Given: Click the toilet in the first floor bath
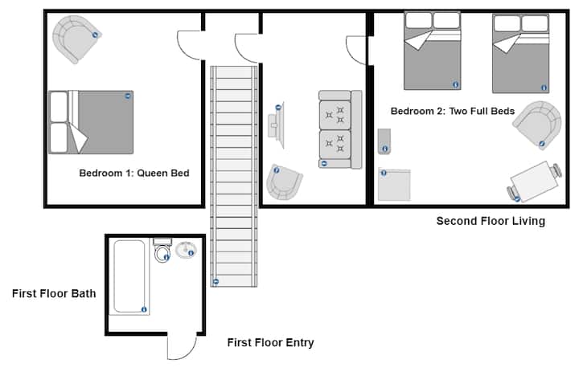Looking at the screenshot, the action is (162, 250).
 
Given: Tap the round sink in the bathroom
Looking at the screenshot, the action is (186, 250).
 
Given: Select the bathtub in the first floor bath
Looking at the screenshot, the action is (129, 276).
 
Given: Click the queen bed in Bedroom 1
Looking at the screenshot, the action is (91, 122).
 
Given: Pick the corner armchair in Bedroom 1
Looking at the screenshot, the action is (76, 38).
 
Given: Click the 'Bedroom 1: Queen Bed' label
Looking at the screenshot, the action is (134, 173).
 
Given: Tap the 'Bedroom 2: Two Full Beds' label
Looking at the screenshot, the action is (452, 111).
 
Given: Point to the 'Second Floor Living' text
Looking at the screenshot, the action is (491, 221).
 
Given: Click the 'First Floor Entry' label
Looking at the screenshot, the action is (271, 343).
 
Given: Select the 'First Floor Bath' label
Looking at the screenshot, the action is (54, 294).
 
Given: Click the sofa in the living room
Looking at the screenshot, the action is (340, 129).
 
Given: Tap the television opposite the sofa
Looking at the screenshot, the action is (277, 125).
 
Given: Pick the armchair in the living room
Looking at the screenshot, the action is (284, 182).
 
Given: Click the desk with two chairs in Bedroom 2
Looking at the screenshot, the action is (534, 182).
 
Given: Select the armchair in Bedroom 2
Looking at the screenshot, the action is (538, 125).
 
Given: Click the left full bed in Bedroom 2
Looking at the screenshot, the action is (433, 51).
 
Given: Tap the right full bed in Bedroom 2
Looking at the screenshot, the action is (520, 53).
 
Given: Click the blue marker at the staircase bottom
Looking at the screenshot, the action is (216, 282).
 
